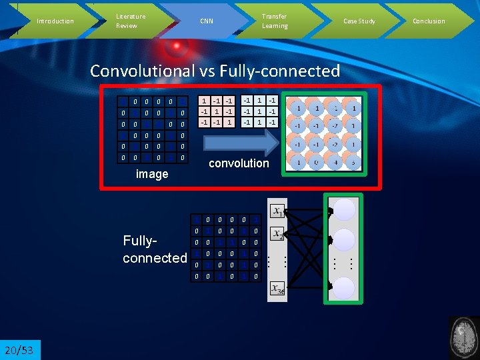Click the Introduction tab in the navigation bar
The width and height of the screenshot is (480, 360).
coord(55,21)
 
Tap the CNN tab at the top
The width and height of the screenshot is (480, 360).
coord(207,21)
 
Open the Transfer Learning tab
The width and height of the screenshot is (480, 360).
coord(275,21)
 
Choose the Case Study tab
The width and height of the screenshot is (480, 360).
coord(359,21)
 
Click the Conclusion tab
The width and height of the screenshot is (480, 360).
coord(429,21)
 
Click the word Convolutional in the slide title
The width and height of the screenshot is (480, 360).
coord(142,71)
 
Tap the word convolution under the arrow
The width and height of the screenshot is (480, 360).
coord(239,163)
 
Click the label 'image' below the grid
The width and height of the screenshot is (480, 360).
coord(152,174)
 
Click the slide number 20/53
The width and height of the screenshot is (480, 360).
coord(20,350)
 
